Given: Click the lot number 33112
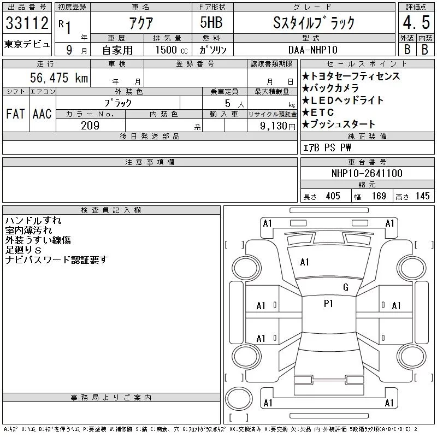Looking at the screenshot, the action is tap(27, 22).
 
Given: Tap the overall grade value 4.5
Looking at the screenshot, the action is tap(416, 22).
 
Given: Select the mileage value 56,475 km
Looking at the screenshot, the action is tap(59, 78).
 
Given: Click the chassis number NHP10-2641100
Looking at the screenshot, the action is tap(367, 173).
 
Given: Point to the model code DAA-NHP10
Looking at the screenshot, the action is tap(312, 50).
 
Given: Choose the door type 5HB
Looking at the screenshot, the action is tap(211, 22).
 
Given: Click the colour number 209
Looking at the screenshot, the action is tap(90, 126).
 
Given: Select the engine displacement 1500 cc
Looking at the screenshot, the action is tap(172, 50).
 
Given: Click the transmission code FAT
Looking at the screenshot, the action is tap(15, 114).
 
